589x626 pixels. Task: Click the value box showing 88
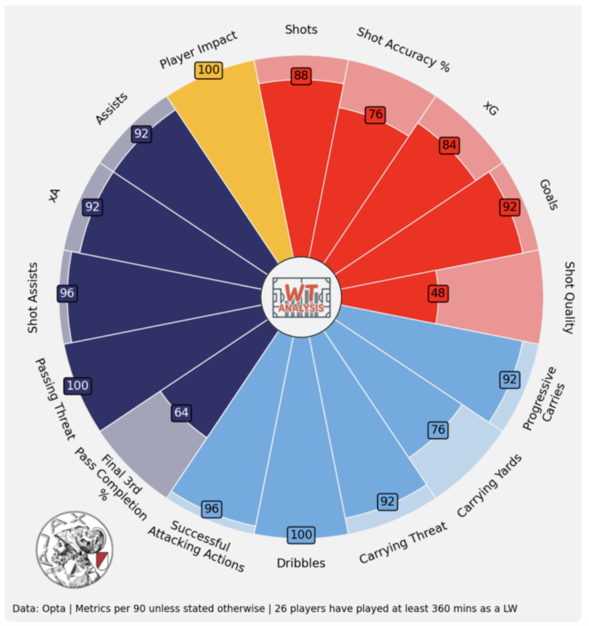click(x=301, y=76)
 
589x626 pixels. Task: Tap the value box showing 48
click(x=438, y=293)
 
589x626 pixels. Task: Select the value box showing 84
click(x=449, y=146)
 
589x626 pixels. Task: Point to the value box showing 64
click(x=181, y=413)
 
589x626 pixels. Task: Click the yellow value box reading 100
click(x=209, y=70)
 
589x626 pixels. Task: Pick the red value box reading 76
click(x=376, y=114)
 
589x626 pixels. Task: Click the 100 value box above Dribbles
click(x=301, y=534)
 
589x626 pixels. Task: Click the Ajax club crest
click(x=74, y=549)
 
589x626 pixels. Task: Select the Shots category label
click(x=301, y=30)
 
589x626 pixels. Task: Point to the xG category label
click(x=491, y=108)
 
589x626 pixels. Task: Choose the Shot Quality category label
click(x=568, y=297)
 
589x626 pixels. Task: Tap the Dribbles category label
click(x=301, y=563)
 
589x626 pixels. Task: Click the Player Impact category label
click(x=198, y=49)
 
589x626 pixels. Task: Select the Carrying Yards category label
click(x=489, y=486)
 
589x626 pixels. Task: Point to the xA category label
click(x=55, y=195)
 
